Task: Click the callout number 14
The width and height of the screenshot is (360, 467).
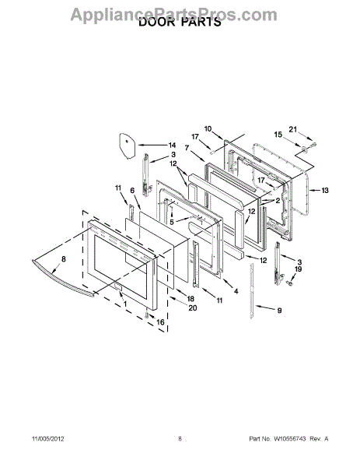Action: pyautogui.click(x=173, y=146)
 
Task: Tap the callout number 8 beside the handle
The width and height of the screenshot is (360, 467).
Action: pyautogui.click(x=64, y=259)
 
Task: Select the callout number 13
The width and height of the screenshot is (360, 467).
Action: pyautogui.click(x=325, y=190)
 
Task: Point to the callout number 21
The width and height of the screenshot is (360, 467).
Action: pyautogui.click(x=293, y=129)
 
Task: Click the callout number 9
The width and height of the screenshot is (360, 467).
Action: pyautogui.click(x=279, y=311)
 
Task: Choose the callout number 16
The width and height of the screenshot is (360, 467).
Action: pyautogui.click(x=160, y=322)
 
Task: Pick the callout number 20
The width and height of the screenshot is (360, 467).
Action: pyautogui.click(x=193, y=307)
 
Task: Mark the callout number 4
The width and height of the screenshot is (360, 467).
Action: pyautogui.click(x=236, y=291)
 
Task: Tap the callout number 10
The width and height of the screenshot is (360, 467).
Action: pyautogui.click(x=208, y=128)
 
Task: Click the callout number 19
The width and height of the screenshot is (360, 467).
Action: pyautogui.click(x=298, y=269)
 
